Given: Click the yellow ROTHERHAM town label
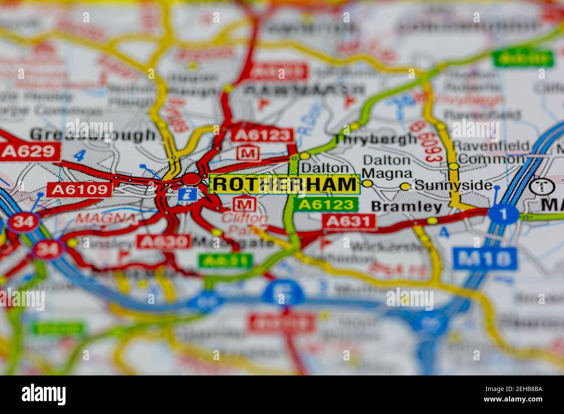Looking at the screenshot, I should coord(284,184).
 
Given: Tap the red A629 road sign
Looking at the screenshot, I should coord(30,151).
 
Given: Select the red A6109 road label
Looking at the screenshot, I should coord(79,189).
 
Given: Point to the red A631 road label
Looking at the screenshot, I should coord(349,221).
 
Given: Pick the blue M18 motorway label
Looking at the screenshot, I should coord(485,259).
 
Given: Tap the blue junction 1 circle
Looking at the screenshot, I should coord(503,214).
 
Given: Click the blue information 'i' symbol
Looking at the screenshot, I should coord(188,194).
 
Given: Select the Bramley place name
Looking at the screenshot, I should coord(407,207).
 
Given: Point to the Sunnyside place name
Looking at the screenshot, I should coord(453,185).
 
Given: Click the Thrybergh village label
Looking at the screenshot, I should coord(376,139).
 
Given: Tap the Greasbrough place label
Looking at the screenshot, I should coord(93,135).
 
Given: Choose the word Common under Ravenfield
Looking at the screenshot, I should coord(491,159).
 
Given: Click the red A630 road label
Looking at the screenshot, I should coord(164,241).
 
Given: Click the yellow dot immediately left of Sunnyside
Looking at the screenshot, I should coord(405,186).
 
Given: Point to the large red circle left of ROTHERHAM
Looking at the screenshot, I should coord(191,178).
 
